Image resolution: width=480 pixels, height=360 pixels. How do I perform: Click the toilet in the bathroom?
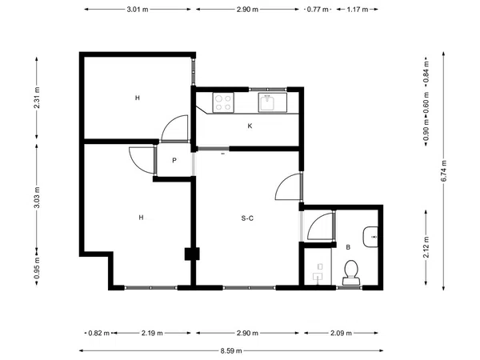pos(351,273)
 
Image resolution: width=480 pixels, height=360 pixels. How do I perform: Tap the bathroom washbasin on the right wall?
pos(370,237)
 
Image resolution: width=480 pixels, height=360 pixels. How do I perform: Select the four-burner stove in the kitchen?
pos(223,102)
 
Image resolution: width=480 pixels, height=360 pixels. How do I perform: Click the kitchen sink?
pos(272,102)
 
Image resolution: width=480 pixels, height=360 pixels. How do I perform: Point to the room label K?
pos(250,126)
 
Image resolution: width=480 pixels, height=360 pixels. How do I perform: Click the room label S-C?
pos(247,218)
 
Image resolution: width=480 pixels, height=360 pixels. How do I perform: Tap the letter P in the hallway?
pos(174,161)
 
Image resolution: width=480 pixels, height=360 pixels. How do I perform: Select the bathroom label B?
pos(348,247)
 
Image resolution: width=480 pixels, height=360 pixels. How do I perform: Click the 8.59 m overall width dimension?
pos(231,351)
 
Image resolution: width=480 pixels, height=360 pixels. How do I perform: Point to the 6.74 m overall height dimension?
pos(444,171)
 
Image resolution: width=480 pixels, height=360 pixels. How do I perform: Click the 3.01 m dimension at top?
pos(138,9)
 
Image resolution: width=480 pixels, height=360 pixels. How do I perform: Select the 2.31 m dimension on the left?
pos(37,98)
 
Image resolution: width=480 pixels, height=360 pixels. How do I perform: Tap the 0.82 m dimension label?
pos(99,333)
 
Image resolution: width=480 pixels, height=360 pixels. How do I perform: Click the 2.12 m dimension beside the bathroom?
pos(426,247)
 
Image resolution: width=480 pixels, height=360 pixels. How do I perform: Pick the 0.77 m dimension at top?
pos(318,9)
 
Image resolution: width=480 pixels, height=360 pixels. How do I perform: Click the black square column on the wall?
pos(192,254)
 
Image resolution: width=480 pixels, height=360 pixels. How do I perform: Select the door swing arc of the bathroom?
pos(317,221)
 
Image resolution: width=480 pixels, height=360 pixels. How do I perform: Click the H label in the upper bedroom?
pos(138,98)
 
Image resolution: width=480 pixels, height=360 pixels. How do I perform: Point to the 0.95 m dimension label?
pos(37,268)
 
